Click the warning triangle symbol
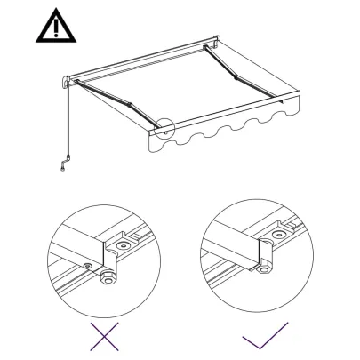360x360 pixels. pyautogui.click(x=56, y=28)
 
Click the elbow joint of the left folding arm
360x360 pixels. pyautogui.click(x=130, y=108)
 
